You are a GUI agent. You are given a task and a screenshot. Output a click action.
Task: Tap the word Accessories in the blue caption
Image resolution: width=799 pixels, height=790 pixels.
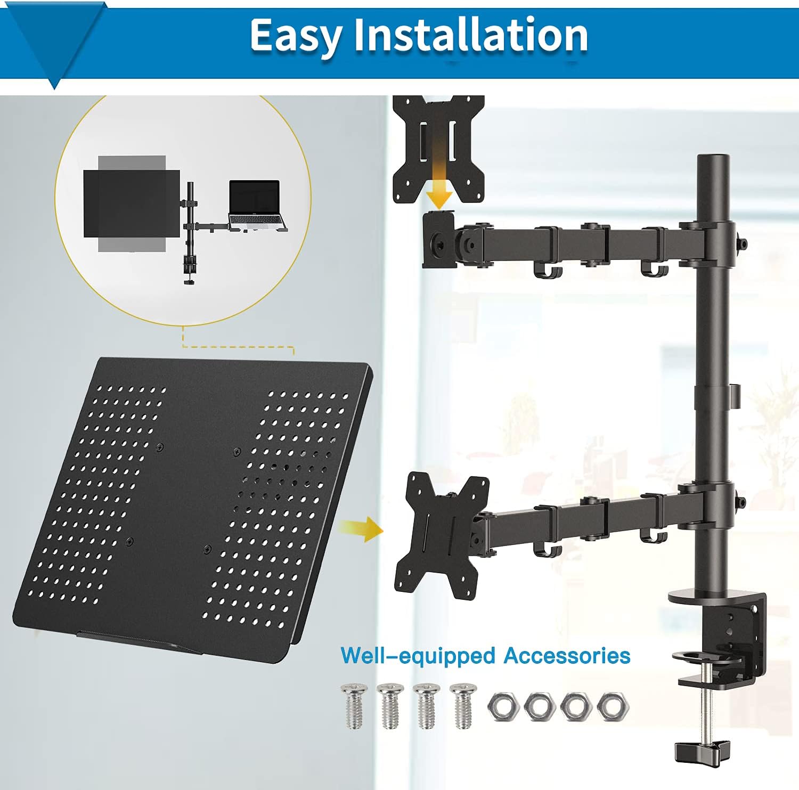pyautogui.click(x=567, y=655)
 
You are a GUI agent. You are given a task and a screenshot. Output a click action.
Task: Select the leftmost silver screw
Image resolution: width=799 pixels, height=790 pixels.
pyautogui.click(x=353, y=706)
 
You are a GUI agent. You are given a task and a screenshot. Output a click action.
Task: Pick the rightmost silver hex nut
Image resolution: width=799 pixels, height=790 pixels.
pyautogui.click(x=613, y=707)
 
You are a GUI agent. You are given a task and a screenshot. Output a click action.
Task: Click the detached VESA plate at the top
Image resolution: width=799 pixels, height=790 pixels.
pyautogui.click(x=438, y=149)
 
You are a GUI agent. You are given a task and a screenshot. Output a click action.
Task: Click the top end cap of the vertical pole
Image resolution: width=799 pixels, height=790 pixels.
pyautogui.click(x=713, y=159)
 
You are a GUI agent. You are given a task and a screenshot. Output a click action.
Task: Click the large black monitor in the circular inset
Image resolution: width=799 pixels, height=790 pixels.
pyautogui.click(x=132, y=203)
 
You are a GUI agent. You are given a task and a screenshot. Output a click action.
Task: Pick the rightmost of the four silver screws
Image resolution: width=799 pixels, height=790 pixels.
pyautogui.click(x=462, y=706)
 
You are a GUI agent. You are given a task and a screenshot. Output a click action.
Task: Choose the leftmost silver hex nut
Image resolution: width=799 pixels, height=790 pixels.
pyautogui.click(x=503, y=707)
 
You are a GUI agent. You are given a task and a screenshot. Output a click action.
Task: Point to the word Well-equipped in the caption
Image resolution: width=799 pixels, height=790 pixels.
pyautogui.click(x=418, y=656)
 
